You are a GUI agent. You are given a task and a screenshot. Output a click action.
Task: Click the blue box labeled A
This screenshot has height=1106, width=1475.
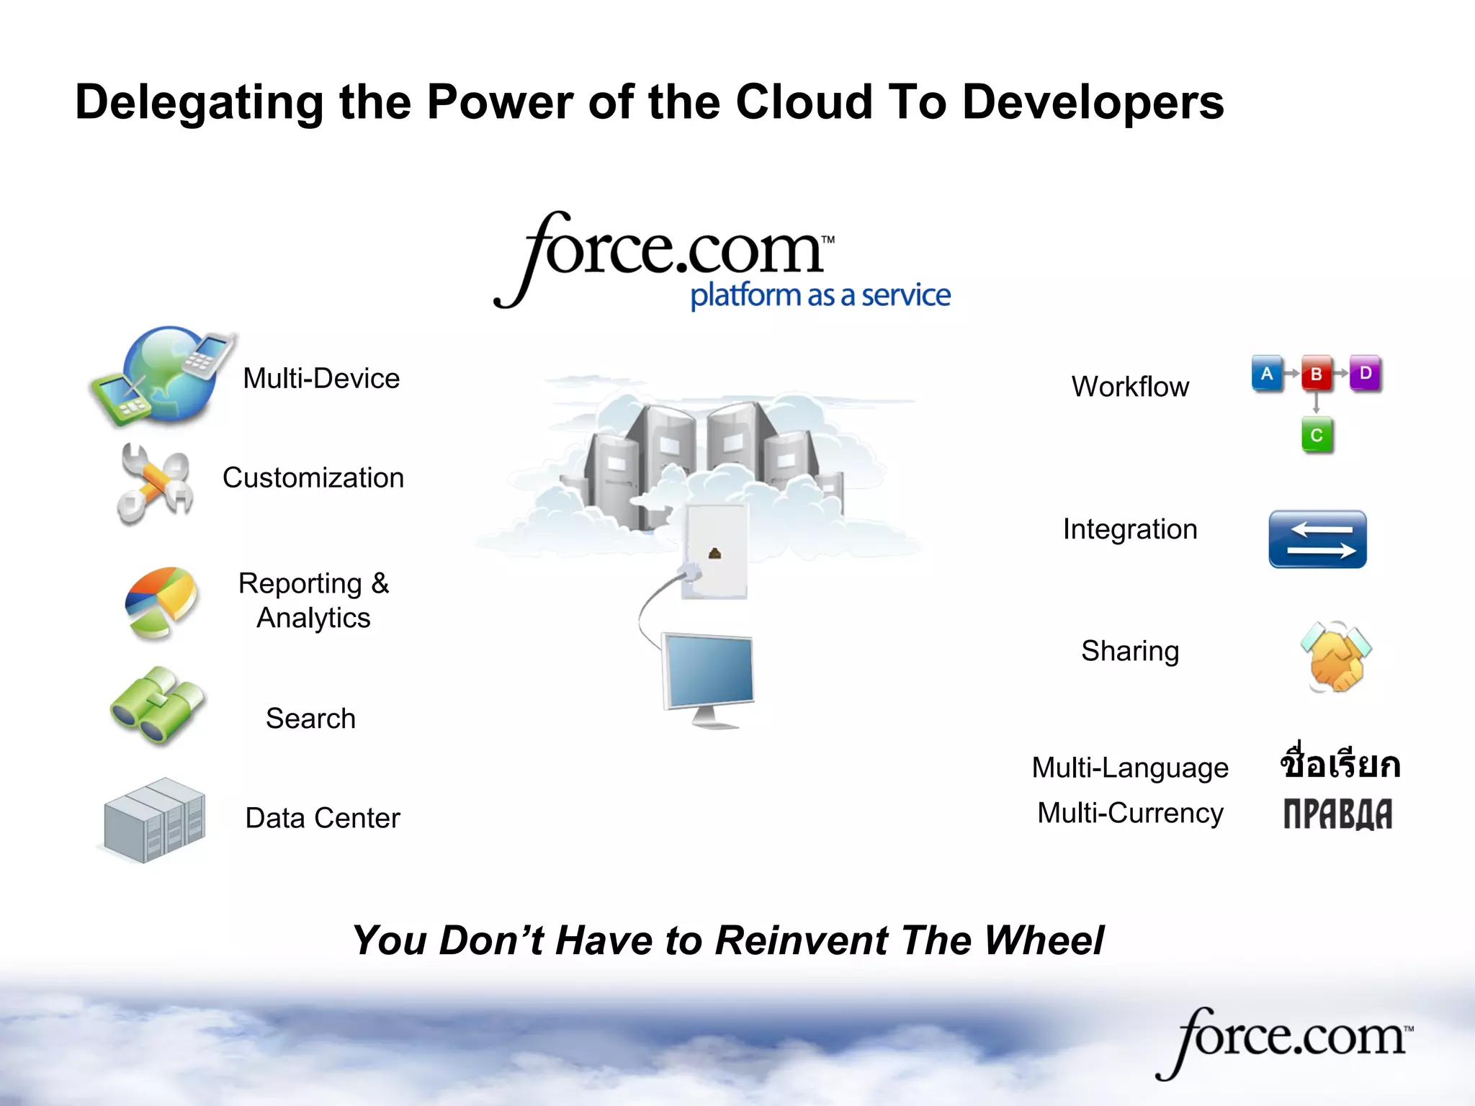click(1267, 374)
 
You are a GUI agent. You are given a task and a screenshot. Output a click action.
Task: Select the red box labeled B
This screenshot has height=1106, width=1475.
click(1317, 374)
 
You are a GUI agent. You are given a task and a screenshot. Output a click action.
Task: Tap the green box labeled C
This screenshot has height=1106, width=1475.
click(1317, 435)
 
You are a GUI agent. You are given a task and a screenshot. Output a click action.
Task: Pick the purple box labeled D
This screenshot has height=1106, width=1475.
click(1365, 373)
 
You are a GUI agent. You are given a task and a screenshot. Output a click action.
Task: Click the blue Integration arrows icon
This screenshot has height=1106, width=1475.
click(1317, 539)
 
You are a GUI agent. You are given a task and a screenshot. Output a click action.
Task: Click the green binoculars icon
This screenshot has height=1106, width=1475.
click(157, 706)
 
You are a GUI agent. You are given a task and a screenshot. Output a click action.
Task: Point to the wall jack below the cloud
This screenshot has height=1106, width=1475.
click(714, 551)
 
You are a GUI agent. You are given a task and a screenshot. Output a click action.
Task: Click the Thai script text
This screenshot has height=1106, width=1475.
click(1340, 763)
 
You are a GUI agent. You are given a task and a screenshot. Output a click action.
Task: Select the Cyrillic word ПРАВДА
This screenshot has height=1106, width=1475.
click(1337, 814)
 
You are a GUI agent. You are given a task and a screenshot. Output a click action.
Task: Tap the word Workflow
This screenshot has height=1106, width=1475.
click(1130, 387)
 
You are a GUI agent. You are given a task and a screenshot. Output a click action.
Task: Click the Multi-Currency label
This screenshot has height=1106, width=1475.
click(1130, 813)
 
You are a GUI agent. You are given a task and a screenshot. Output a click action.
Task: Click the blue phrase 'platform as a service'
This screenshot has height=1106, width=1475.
click(820, 295)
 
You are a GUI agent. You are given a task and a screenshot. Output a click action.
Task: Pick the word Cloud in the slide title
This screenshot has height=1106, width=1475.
click(804, 102)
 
